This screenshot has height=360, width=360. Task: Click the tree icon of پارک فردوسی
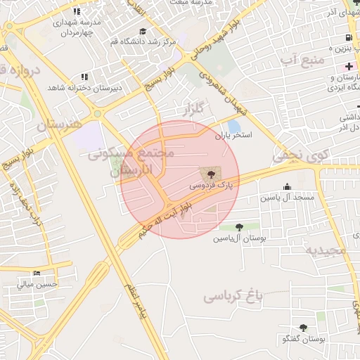point(209,173)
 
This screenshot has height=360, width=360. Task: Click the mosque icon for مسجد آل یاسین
point(287,186)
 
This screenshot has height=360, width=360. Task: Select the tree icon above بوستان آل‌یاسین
point(240,227)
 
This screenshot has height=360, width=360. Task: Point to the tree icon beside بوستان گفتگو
point(303,328)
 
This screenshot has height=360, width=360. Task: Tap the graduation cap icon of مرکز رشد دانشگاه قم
point(143,31)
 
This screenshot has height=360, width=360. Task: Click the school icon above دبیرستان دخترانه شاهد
point(84,77)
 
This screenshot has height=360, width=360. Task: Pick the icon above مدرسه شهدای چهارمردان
point(77,12)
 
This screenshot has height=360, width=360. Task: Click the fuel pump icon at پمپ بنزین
point(349,37)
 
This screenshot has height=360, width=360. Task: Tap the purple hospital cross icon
point(349,66)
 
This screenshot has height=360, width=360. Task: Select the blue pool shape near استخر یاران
point(233,126)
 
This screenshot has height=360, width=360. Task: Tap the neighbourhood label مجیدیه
point(325,250)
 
